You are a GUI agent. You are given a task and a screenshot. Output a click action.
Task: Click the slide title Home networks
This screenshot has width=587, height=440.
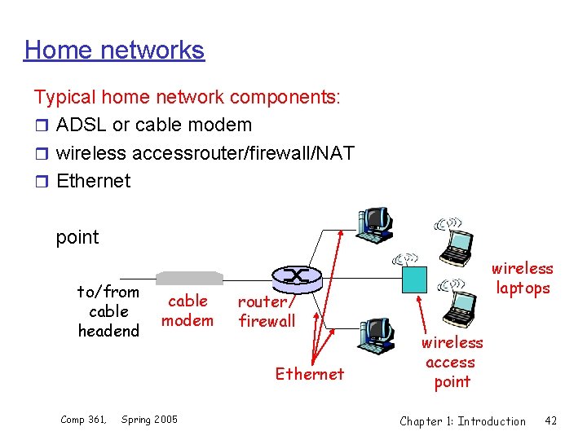(114, 50)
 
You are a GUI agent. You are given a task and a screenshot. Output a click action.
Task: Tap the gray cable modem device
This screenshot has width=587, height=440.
(189, 278)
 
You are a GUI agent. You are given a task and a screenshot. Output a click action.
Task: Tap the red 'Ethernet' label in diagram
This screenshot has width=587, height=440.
(310, 374)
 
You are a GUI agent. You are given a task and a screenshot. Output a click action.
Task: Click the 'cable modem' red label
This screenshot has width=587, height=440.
(188, 310)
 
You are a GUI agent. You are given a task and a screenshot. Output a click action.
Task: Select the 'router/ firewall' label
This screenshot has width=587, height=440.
(267, 311)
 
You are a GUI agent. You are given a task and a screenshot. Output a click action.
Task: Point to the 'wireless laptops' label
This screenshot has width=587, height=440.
(522, 278)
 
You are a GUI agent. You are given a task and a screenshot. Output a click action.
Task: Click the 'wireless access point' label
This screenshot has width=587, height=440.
(452, 362)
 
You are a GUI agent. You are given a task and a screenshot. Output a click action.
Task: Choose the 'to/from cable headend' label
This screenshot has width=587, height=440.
(108, 311)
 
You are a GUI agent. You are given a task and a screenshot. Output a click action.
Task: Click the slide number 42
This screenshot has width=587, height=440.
(550, 420)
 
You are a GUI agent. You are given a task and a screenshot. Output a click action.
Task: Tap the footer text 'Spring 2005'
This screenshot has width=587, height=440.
(149, 420)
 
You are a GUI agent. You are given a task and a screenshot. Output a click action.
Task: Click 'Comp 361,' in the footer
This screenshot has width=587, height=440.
(83, 420)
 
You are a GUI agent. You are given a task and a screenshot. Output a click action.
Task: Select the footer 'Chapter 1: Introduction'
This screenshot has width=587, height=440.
(462, 420)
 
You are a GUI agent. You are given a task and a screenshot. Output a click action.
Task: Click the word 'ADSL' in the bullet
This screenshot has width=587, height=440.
(82, 125)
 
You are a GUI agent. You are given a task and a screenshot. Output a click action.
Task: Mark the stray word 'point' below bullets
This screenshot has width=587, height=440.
(77, 237)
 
